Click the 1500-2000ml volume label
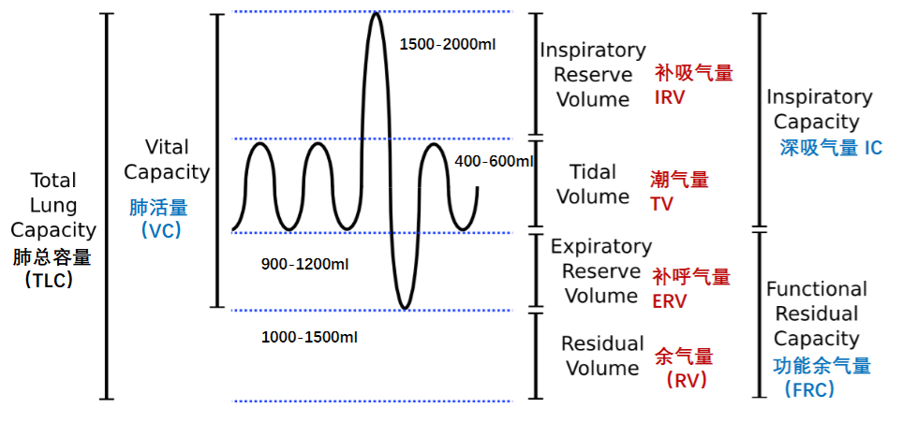point(448,44)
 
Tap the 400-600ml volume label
point(495,162)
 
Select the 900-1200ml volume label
point(304,265)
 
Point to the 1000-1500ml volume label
point(309,338)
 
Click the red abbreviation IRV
point(670,97)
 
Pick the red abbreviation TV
point(661,204)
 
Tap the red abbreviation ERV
point(670,301)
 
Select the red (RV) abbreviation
point(687,380)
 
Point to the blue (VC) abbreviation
point(161,230)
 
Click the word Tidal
point(593,171)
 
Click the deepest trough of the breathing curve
point(406,308)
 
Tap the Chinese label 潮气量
point(680,181)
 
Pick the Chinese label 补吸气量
point(694,73)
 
